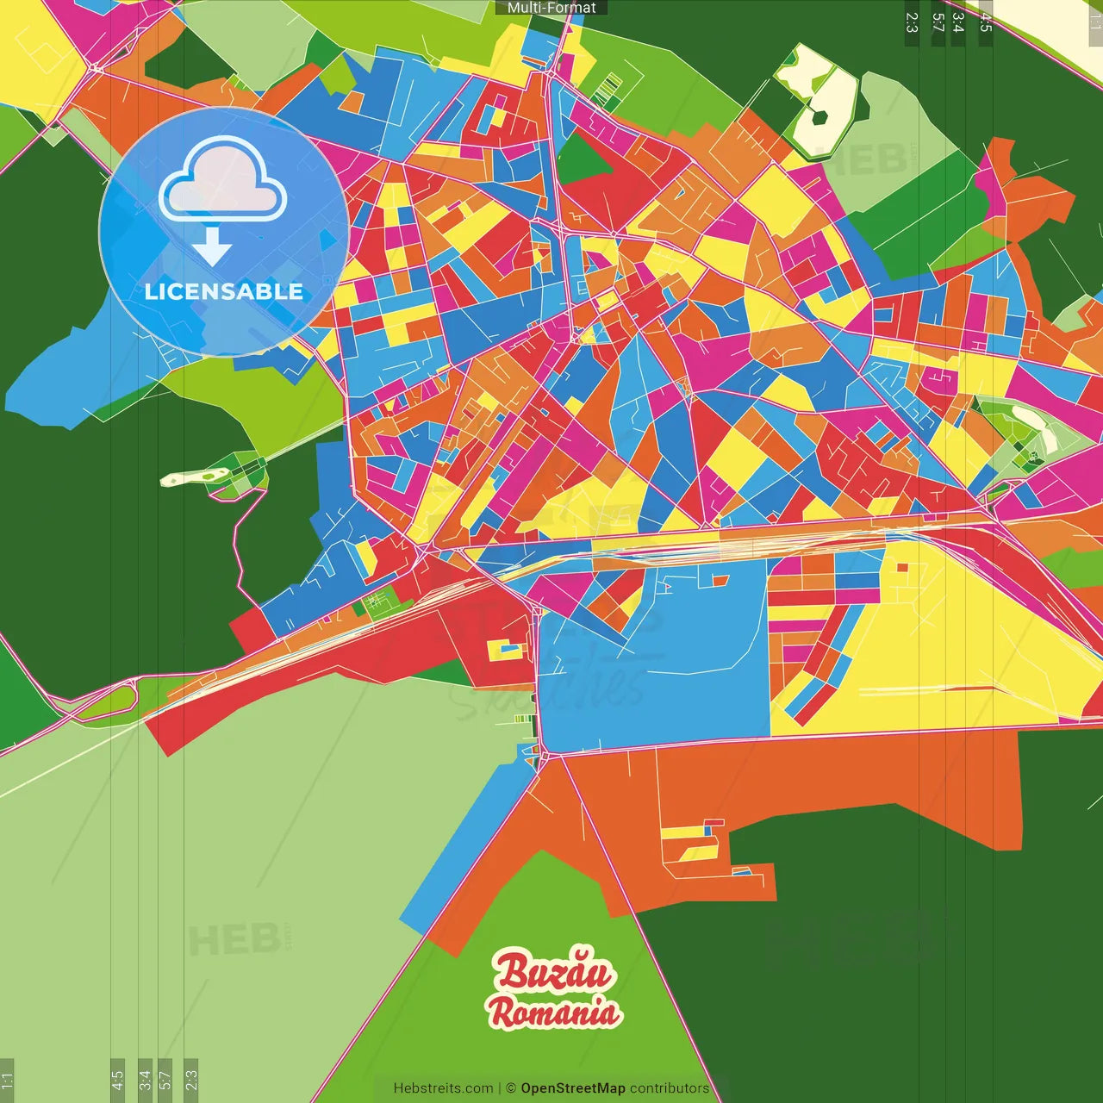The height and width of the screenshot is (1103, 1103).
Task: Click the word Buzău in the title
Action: click(554, 971)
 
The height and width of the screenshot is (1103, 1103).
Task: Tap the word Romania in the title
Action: click(554, 1012)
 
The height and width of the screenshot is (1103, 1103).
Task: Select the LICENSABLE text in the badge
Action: click(224, 291)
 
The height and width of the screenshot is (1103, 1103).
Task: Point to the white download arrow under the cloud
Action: click(212, 246)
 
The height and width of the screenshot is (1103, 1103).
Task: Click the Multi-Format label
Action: click(551, 8)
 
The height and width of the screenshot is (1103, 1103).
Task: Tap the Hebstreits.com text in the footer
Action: click(443, 1088)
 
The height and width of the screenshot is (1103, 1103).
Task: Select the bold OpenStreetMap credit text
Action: click(573, 1088)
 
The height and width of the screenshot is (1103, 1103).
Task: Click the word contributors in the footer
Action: click(670, 1088)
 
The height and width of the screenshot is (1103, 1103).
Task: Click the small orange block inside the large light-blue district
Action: click(720, 580)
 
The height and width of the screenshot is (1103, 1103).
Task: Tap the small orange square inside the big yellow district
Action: click(902, 567)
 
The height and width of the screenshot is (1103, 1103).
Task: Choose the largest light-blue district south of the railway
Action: click(655, 672)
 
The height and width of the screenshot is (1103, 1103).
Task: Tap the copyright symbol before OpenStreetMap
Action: click(511, 1088)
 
